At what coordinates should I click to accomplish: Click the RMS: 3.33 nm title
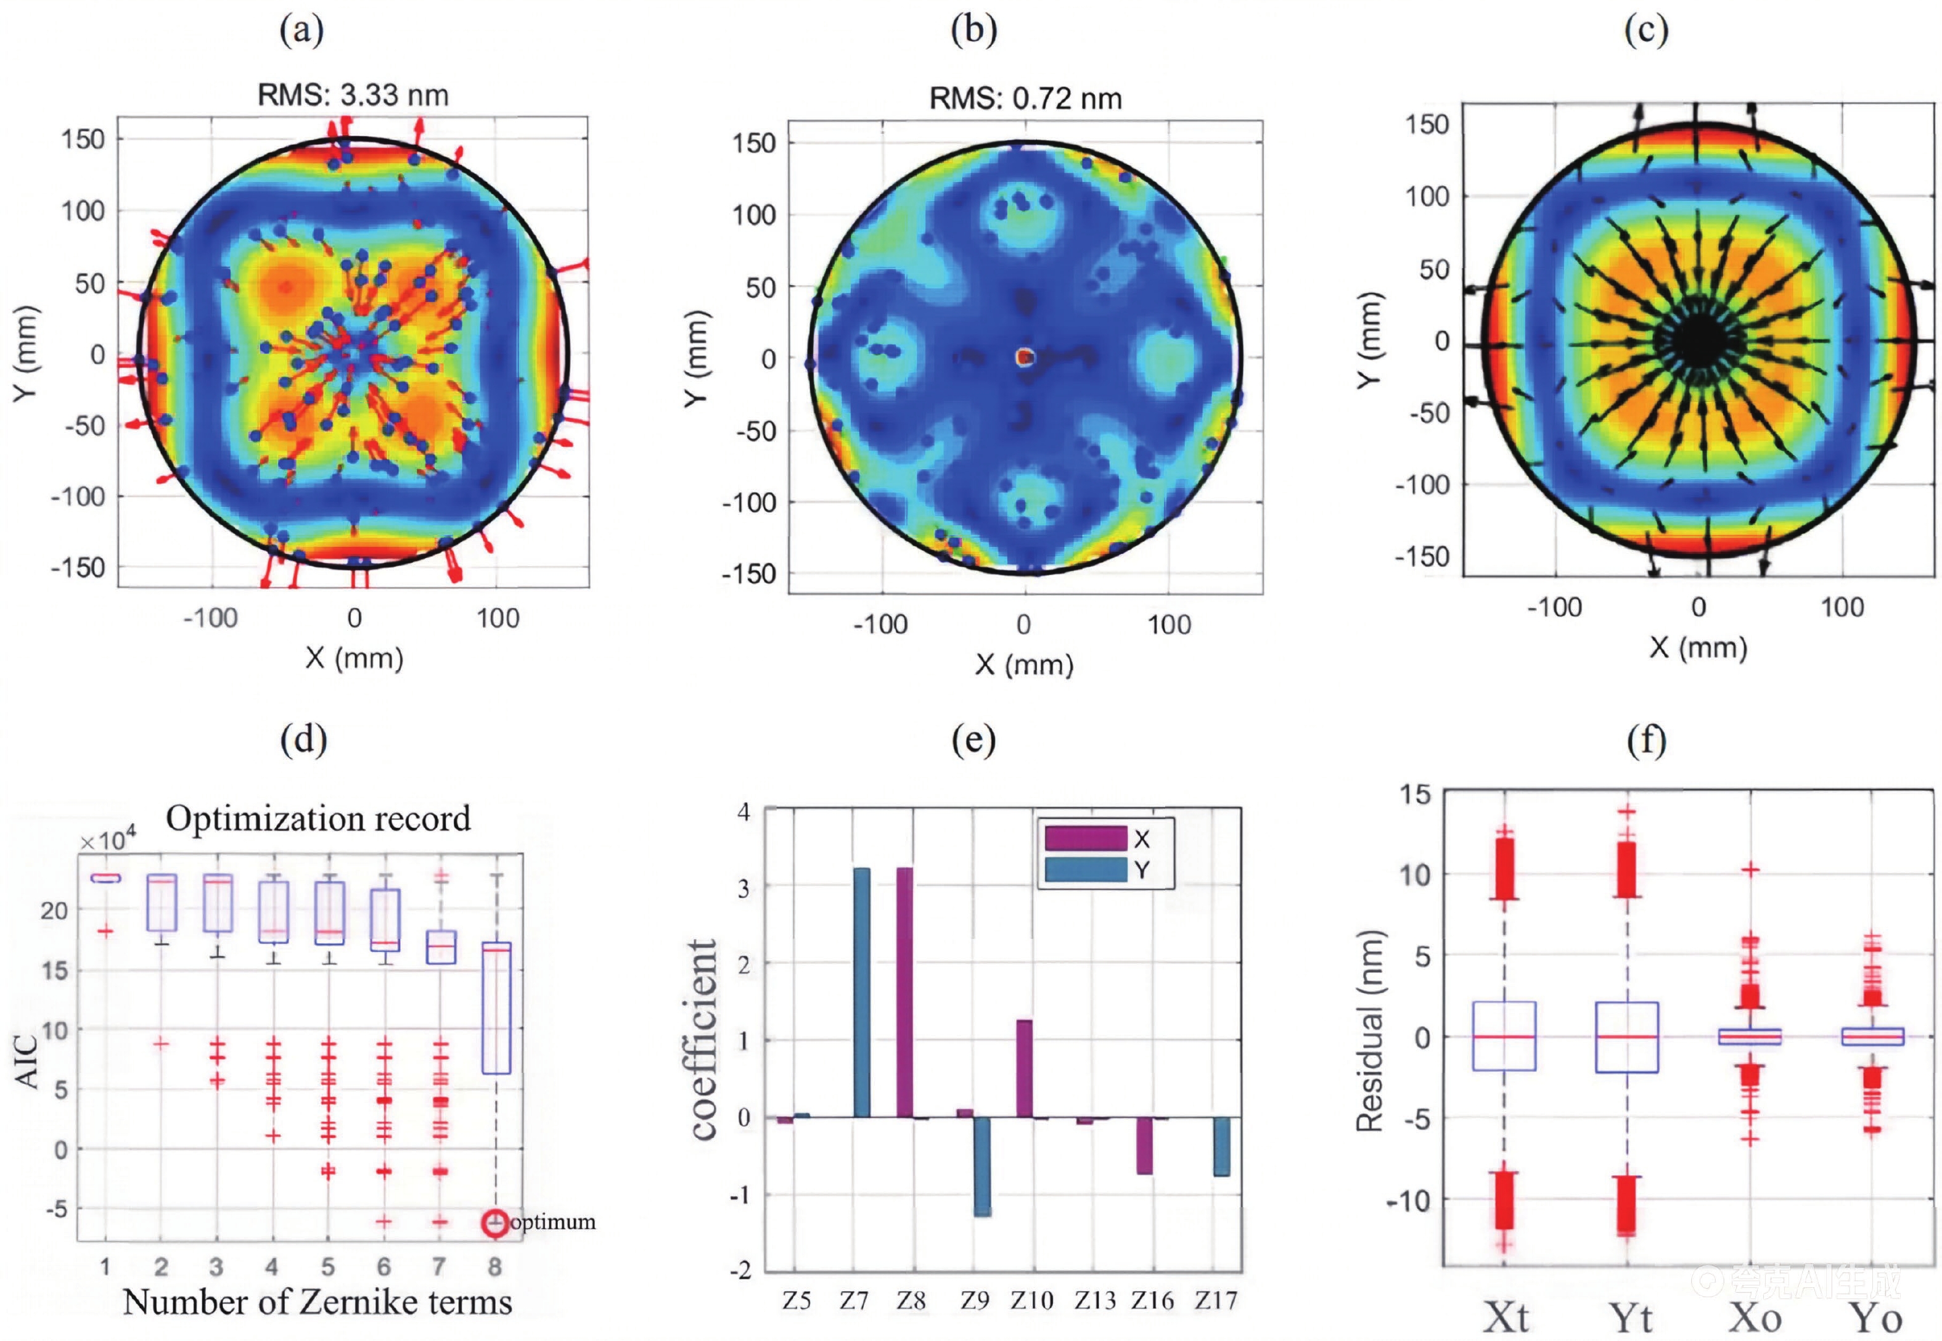353,95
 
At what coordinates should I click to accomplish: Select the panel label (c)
1645,30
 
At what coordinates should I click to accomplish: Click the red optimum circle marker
494,1223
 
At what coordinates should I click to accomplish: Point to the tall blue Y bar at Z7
862,991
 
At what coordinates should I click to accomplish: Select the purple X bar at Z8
904,991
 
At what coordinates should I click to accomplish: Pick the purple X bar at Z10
1024,1068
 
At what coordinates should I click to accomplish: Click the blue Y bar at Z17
1221,1145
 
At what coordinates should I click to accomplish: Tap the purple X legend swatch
1085,839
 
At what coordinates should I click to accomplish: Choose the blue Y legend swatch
1085,869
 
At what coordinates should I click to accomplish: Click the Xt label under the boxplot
1506,1316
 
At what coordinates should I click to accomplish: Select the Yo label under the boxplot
1875,1316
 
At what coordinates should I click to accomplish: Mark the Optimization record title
318,818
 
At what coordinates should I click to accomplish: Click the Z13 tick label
1094,1301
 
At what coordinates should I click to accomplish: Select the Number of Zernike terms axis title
318,1302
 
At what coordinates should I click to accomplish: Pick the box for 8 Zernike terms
496,1008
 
